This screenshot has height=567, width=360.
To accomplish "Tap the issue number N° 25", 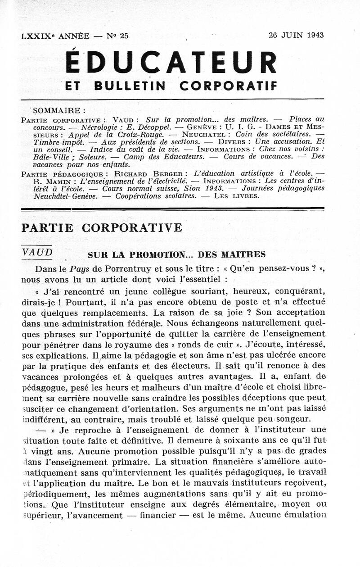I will click(x=117, y=36).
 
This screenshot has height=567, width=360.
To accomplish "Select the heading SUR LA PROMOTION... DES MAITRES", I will click(x=176, y=254).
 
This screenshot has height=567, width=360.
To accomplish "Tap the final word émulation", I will click(x=303, y=514).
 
